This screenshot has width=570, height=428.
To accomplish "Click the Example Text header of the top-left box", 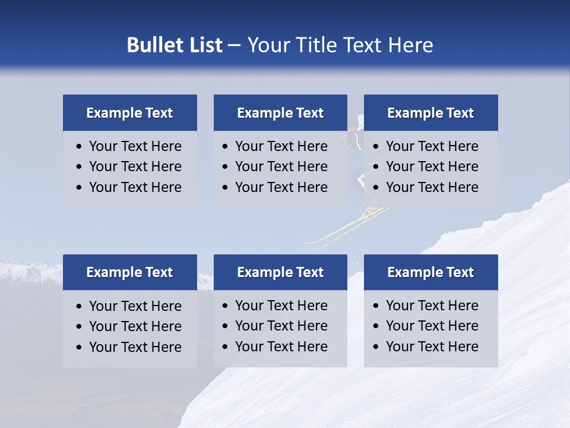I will tap(129, 113).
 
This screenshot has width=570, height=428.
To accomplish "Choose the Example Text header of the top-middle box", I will tap(280, 113).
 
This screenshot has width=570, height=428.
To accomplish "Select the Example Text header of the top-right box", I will tap(430, 113).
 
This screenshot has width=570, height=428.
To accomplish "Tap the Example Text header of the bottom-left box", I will tap(129, 272).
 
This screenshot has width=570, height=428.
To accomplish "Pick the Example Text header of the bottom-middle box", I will tap(280, 272).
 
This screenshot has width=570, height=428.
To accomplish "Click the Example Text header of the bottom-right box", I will tap(430, 272).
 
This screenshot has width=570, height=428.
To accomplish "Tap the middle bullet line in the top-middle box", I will tap(281, 166).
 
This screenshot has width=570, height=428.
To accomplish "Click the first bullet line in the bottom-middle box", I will tap(281, 306).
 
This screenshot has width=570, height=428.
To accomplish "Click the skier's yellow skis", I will tap(350, 226).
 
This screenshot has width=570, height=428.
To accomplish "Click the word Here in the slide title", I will tap(410, 45).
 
